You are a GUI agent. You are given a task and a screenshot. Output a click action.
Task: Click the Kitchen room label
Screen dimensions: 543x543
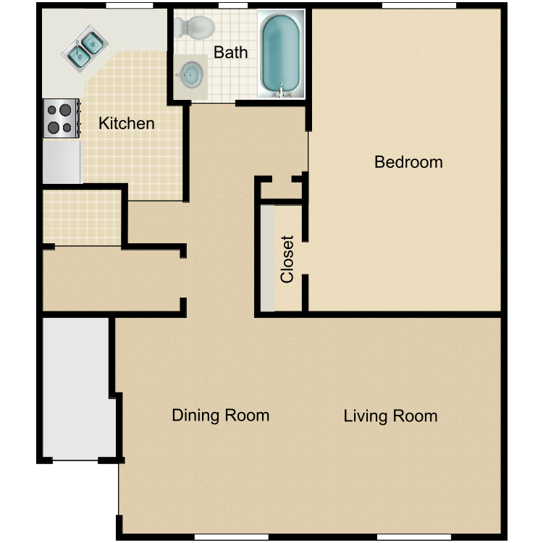click(x=127, y=124)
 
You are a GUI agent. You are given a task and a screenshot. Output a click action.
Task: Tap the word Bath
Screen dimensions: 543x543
click(x=230, y=53)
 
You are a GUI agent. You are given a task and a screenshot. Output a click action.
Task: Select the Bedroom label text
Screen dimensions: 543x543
click(x=408, y=161)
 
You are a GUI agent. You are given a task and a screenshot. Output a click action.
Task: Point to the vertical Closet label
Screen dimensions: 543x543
click(x=287, y=259)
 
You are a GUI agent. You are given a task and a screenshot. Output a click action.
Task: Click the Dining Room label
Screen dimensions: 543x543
click(x=220, y=416)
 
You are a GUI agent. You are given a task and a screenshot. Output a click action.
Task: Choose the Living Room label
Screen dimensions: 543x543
click(x=390, y=416)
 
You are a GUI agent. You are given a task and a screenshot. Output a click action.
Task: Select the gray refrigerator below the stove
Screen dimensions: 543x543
click(x=62, y=162)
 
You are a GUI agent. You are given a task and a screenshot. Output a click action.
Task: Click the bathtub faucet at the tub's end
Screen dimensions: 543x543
click(x=281, y=92)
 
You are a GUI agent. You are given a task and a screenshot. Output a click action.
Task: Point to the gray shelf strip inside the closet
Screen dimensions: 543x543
click(x=268, y=258)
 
